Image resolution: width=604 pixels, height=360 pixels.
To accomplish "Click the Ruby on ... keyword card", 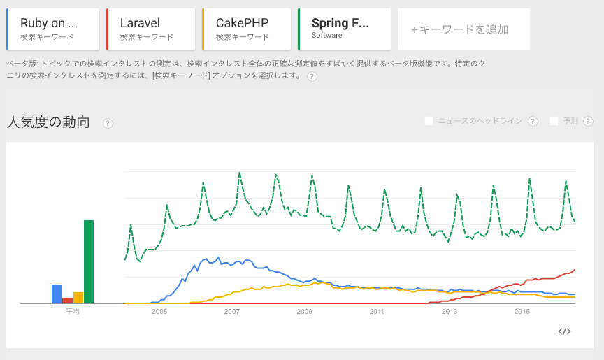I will pyautogui.click(x=52, y=29).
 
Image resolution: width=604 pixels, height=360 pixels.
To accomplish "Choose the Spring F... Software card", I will pyautogui.click(x=343, y=29).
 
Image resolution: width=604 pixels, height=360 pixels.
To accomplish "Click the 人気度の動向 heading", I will pyautogui.click(x=48, y=122).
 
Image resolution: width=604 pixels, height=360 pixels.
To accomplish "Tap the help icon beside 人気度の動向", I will pyautogui.click(x=108, y=123).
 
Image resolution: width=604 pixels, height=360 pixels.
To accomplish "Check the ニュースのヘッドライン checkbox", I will pyautogui.click(x=429, y=121).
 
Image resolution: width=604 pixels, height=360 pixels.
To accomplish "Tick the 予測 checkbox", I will pyautogui.click(x=554, y=121).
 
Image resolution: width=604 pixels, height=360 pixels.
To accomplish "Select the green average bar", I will pyautogui.click(x=89, y=261).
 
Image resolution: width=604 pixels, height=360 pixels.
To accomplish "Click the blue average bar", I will pyautogui.click(x=57, y=294).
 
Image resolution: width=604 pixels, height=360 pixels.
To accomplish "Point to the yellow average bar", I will pyautogui.click(x=78, y=298).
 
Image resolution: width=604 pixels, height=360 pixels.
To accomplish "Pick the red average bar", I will pyautogui.click(x=67, y=301).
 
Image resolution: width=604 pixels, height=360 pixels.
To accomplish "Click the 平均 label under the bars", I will pyautogui.click(x=73, y=311).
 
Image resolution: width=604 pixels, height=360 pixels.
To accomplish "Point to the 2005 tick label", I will pyautogui.click(x=159, y=312).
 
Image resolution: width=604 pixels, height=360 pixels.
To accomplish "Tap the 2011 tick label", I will pyautogui.click(x=377, y=312).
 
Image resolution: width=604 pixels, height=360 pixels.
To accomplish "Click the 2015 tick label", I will pyautogui.click(x=522, y=312).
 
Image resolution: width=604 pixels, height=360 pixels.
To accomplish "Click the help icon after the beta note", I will pyautogui.click(x=312, y=76).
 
